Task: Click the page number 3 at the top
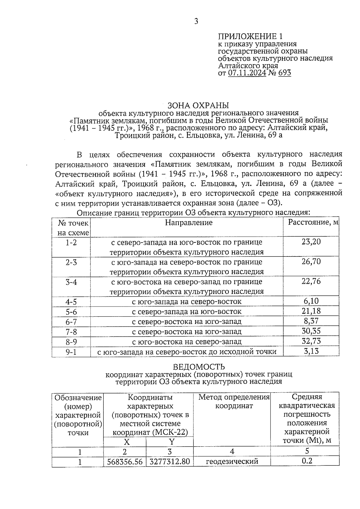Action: (196, 21)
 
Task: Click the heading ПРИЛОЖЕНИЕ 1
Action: (250, 37)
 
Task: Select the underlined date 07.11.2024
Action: (247, 73)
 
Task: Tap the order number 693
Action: (284, 73)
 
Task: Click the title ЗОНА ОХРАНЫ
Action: (198, 106)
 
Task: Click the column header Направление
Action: (189, 223)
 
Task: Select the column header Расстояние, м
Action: (313, 223)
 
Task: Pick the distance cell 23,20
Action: (311, 242)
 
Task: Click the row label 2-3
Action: (71, 262)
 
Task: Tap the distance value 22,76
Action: (311, 281)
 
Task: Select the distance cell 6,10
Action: (311, 301)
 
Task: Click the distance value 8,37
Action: (311, 321)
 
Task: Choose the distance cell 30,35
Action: (311, 331)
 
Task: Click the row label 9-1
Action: (71, 352)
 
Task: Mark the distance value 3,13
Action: (311, 351)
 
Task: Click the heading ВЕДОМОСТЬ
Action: (199, 367)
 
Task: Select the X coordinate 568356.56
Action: (125, 462)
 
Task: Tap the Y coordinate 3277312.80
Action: (170, 462)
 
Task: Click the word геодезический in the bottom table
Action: (232, 462)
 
